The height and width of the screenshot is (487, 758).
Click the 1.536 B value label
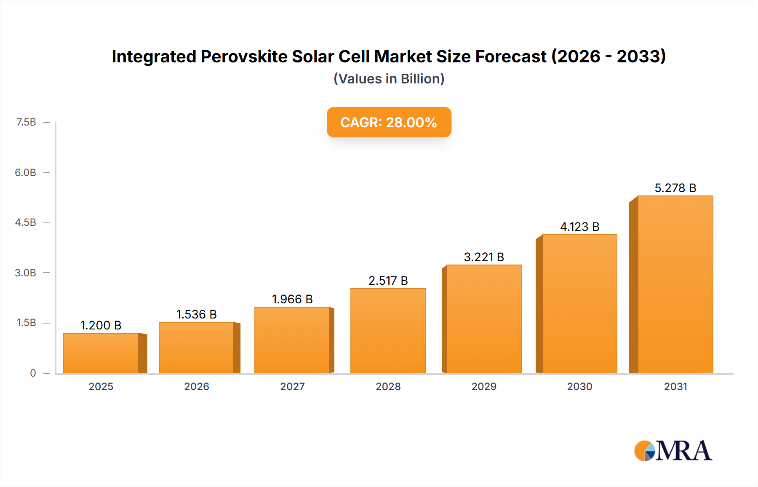tap(196, 314)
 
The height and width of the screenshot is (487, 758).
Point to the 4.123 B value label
tap(579, 227)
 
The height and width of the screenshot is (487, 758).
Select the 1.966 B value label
tap(292, 299)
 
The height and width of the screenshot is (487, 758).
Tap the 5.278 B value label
tap(675, 188)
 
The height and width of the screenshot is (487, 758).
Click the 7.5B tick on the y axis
tap(26, 122)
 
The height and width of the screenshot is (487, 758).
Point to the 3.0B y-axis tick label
tap(25, 273)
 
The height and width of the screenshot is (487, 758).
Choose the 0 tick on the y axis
tap(33, 373)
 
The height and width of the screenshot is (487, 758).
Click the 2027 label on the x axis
tap(292, 386)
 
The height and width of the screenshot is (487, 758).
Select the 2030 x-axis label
tap(579, 386)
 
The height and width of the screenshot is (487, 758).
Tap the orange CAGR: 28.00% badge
tap(389, 122)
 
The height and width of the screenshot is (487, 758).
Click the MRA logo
tap(673, 451)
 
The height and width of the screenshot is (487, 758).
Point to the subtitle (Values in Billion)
tap(389, 79)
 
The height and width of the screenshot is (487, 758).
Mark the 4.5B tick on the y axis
tap(25, 222)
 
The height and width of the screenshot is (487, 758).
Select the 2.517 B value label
tap(388, 281)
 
